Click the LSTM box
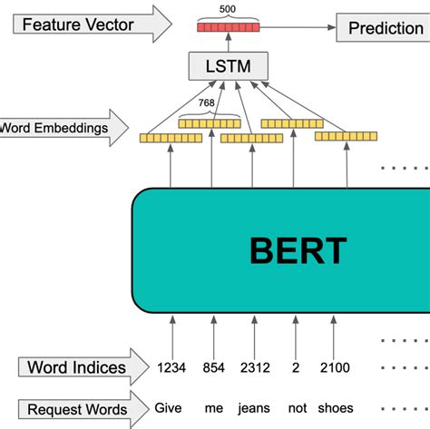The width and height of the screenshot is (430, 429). coord(229,65)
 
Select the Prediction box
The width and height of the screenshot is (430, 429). coord(385,28)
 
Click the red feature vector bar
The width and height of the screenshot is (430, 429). coord(228,28)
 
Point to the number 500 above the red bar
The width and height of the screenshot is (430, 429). coord(228,8)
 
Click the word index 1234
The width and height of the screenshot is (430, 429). coord(172,368)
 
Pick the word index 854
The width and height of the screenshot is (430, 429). coord(213,368)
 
